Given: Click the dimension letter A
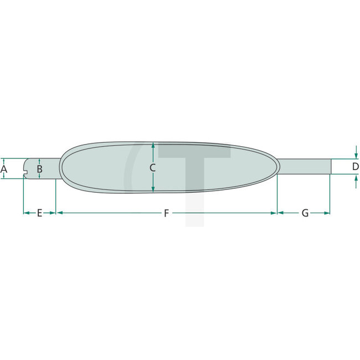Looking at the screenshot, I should [4, 168].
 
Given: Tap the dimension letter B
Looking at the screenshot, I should [39, 168].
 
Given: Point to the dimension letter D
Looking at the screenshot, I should [355, 166].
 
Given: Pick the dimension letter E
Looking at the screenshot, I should [39, 213].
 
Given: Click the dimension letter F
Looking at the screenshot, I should [166, 213].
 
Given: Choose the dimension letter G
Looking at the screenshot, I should [305, 213].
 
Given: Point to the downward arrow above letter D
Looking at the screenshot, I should [355, 155].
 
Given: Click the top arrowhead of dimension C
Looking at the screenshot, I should [153, 145].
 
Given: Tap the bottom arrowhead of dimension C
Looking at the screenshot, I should [153, 190].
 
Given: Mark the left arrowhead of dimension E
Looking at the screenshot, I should [25, 212].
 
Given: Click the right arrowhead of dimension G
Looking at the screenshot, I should [328, 212].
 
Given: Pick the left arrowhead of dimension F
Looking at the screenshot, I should [59, 212].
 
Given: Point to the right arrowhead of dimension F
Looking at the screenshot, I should [274, 212].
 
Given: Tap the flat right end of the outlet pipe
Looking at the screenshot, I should [331, 167].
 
